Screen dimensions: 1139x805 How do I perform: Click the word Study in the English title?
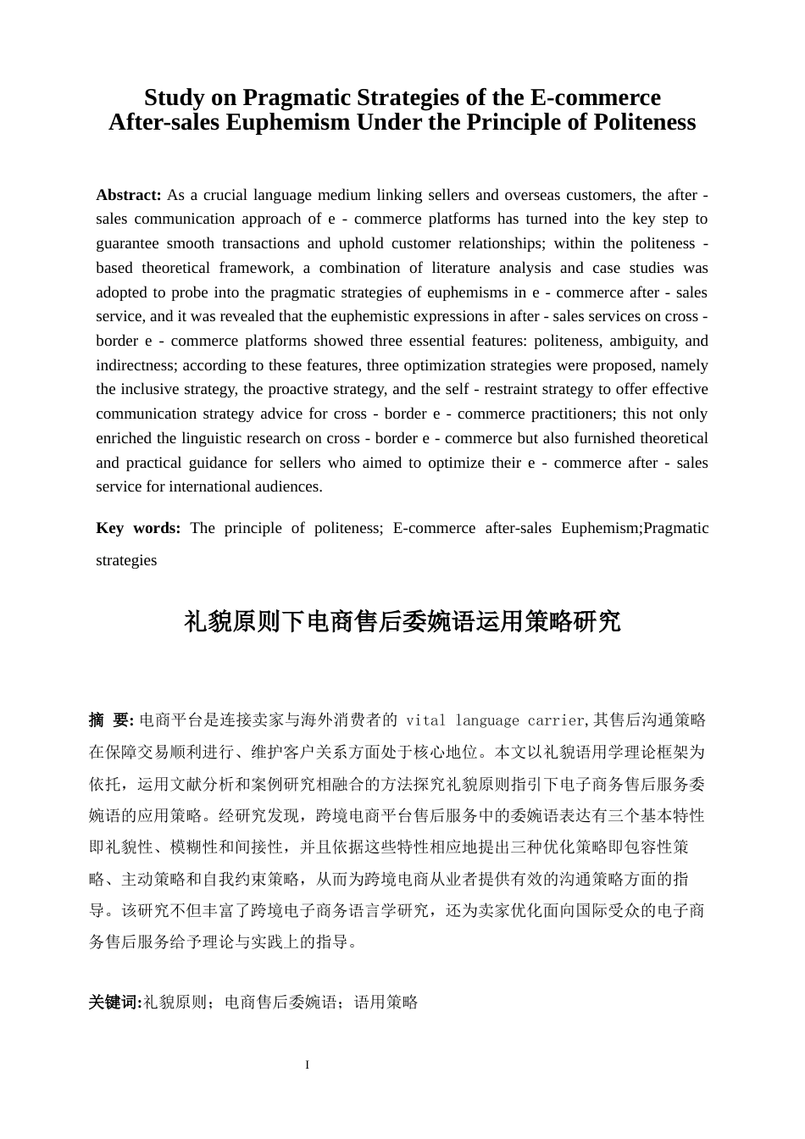(x=175, y=97)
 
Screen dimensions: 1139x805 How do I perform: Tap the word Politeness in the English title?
(x=644, y=123)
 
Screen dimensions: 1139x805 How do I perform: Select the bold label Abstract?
(x=129, y=195)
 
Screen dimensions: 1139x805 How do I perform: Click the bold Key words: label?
(x=138, y=529)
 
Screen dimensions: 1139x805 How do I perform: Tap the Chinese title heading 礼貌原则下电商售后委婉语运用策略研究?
(x=402, y=622)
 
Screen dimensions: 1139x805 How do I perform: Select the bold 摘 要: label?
(x=111, y=720)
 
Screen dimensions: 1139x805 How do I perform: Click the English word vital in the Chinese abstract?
(x=425, y=721)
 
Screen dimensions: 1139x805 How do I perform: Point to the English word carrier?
(x=555, y=721)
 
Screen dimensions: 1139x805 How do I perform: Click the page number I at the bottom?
(x=308, y=1065)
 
